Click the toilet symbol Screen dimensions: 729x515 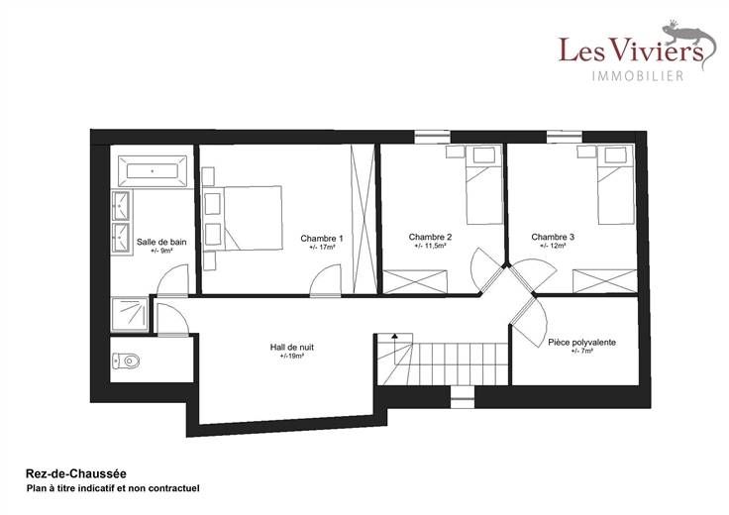pyautogui.click(x=127, y=360)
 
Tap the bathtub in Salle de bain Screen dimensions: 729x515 pyautogui.click(x=153, y=171)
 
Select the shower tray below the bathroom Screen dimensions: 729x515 pyautogui.click(x=130, y=314)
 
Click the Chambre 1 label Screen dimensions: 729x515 pyautogui.click(x=322, y=239)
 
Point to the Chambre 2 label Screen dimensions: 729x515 pyautogui.click(x=430, y=237)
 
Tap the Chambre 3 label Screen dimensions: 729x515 pyautogui.click(x=553, y=237)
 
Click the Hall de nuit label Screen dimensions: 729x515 pyautogui.click(x=292, y=348)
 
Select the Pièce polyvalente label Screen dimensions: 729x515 pyautogui.click(x=582, y=343)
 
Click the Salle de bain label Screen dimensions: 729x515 pyautogui.click(x=161, y=243)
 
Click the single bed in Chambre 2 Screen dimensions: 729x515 pyautogui.click(x=484, y=184)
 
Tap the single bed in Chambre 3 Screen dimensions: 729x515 pyautogui.click(x=615, y=184)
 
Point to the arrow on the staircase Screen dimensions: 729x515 pyautogui.click(x=395, y=349)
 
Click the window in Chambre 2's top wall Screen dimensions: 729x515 pyautogui.click(x=433, y=137)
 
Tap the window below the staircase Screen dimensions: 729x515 pyautogui.click(x=463, y=396)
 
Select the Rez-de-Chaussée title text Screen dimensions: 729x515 pyautogui.click(x=76, y=474)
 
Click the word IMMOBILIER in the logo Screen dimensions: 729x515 pyautogui.click(x=638, y=75)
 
